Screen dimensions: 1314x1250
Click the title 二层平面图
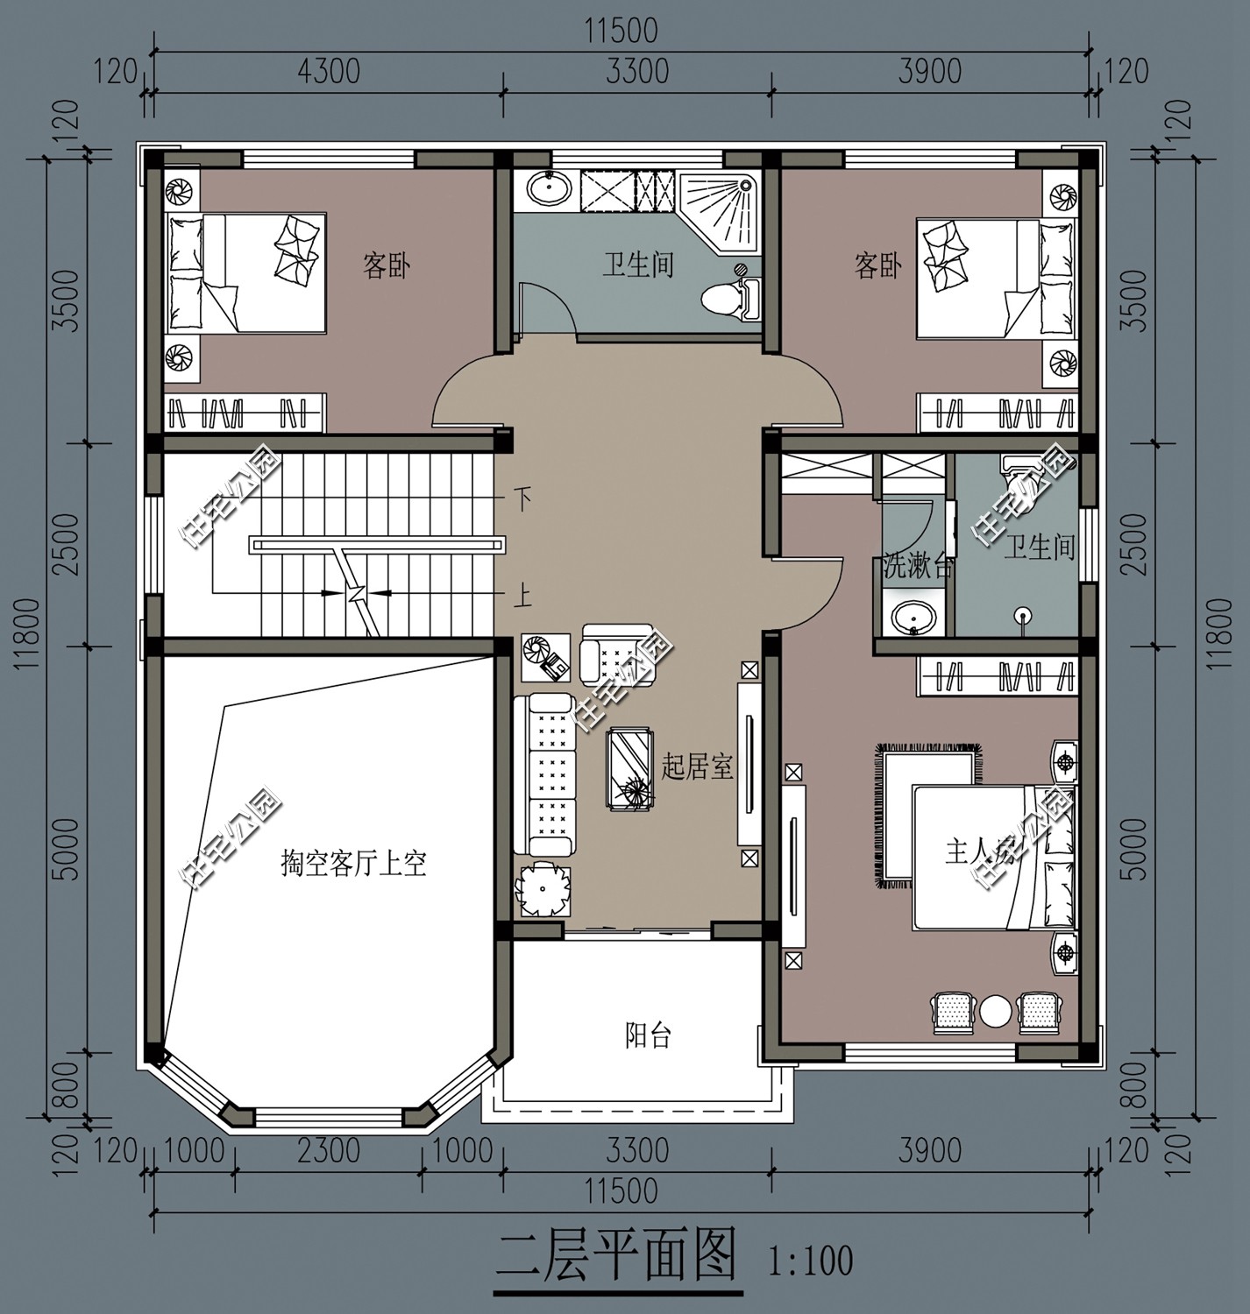(616, 1258)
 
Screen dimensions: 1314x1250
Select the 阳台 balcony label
(648, 1036)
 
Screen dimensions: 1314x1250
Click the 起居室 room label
(696, 767)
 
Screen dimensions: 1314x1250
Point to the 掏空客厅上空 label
(353, 864)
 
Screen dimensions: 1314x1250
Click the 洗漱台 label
(916, 566)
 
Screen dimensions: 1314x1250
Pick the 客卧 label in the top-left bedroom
(387, 265)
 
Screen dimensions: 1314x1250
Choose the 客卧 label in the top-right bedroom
(877, 265)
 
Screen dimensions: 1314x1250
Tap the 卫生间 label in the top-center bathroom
(637, 265)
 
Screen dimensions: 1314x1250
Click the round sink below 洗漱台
(912, 618)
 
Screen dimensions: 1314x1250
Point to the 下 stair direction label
(522, 500)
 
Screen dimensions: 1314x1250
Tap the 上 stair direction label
(522, 597)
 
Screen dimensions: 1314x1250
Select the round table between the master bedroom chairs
(996, 1011)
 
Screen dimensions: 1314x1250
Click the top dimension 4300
(328, 71)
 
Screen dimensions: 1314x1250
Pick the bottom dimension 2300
(328, 1150)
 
